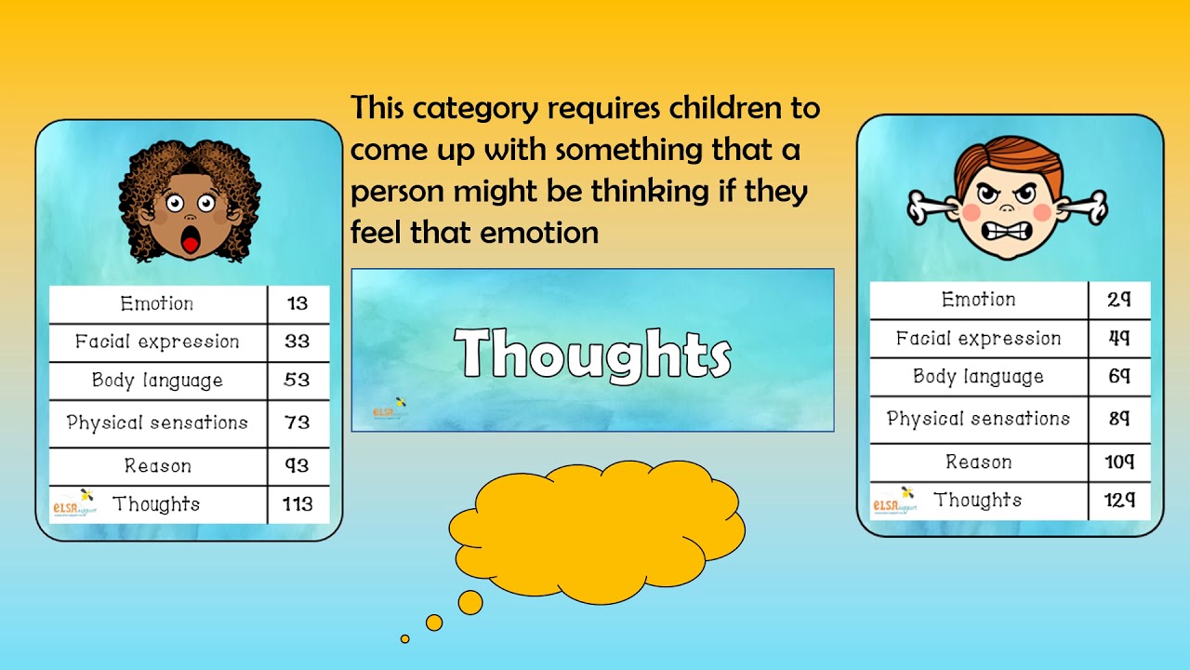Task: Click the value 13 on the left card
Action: [x=297, y=304]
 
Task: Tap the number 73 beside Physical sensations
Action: [x=297, y=422]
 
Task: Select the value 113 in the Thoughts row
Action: [x=297, y=504]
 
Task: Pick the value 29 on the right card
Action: [x=1119, y=300]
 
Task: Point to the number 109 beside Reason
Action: [x=1119, y=462]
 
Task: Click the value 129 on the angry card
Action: [x=1119, y=501]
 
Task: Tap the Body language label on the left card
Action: [x=157, y=381]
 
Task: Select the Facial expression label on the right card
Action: [x=978, y=339]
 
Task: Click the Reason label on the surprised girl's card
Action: [x=157, y=466]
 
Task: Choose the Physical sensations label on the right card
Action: [x=978, y=419]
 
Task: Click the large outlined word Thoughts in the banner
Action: [x=593, y=355]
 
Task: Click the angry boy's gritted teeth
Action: [x=1007, y=230]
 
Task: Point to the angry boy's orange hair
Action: [x=1010, y=156]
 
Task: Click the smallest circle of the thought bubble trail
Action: [x=405, y=638]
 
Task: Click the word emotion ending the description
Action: [x=539, y=232]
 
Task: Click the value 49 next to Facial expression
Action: [x=1119, y=339]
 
